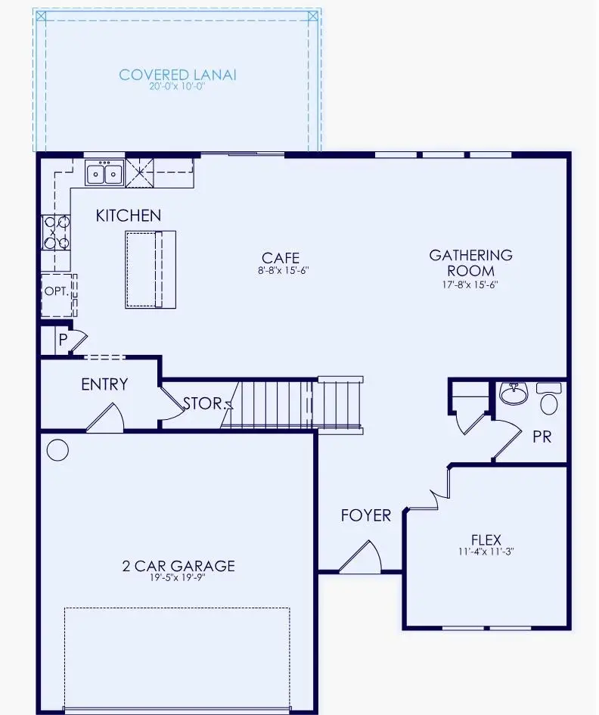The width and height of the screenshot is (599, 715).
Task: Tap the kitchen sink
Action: (104, 173)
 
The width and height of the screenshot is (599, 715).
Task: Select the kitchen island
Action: (150, 269)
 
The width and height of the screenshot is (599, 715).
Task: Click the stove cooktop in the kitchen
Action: (56, 232)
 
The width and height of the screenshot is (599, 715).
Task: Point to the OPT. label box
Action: (57, 291)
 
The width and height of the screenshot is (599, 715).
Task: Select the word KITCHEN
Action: (128, 216)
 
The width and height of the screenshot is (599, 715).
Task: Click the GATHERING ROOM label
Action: (470, 263)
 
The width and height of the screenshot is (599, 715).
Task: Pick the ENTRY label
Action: (104, 384)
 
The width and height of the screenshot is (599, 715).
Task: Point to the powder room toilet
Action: (550, 398)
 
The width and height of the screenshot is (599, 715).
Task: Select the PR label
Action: (542, 437)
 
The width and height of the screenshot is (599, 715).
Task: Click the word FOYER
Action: (365, 516)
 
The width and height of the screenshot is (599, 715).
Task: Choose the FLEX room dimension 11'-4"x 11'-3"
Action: (486, 552)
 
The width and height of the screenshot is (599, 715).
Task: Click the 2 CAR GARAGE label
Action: (178, 565)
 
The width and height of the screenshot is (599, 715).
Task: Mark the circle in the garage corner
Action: (57, 450)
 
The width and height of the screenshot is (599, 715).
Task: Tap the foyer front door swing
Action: (361, 558)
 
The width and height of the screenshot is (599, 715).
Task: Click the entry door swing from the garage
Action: (106, 419)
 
